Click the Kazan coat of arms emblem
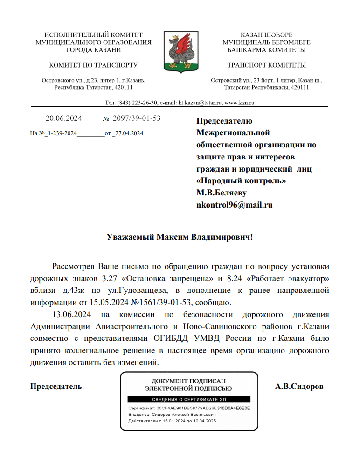tap(180, 51)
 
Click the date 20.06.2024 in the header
tap(63, 118)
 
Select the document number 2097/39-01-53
tap(137, 118)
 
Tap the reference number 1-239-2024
tap(62, 134)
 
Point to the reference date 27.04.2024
tap(129, 134)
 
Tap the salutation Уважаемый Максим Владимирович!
tap(180, 236)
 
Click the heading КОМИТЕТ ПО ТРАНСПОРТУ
tap(93, 65)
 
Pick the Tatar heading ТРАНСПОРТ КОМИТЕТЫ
tap(266, 65)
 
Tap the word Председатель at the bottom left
tap(56, 387)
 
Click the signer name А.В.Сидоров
tap(299, 387)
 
